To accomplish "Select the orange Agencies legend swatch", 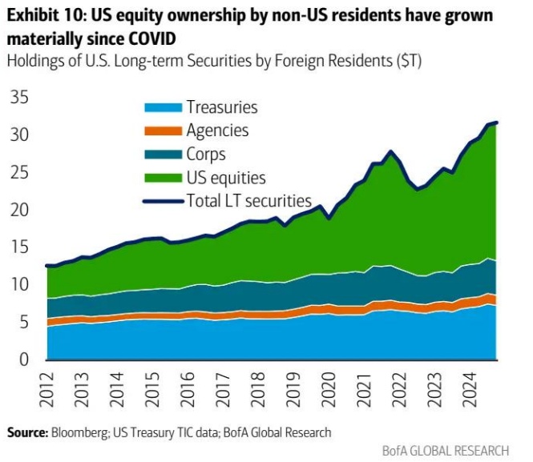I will click(x=163, y=131).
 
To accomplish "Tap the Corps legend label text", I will click(x=205, y=155).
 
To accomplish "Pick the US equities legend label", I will click(x=225, y=178).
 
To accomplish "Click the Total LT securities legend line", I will click(x=163, y=200).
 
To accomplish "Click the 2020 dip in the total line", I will click(x=329, y=218).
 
